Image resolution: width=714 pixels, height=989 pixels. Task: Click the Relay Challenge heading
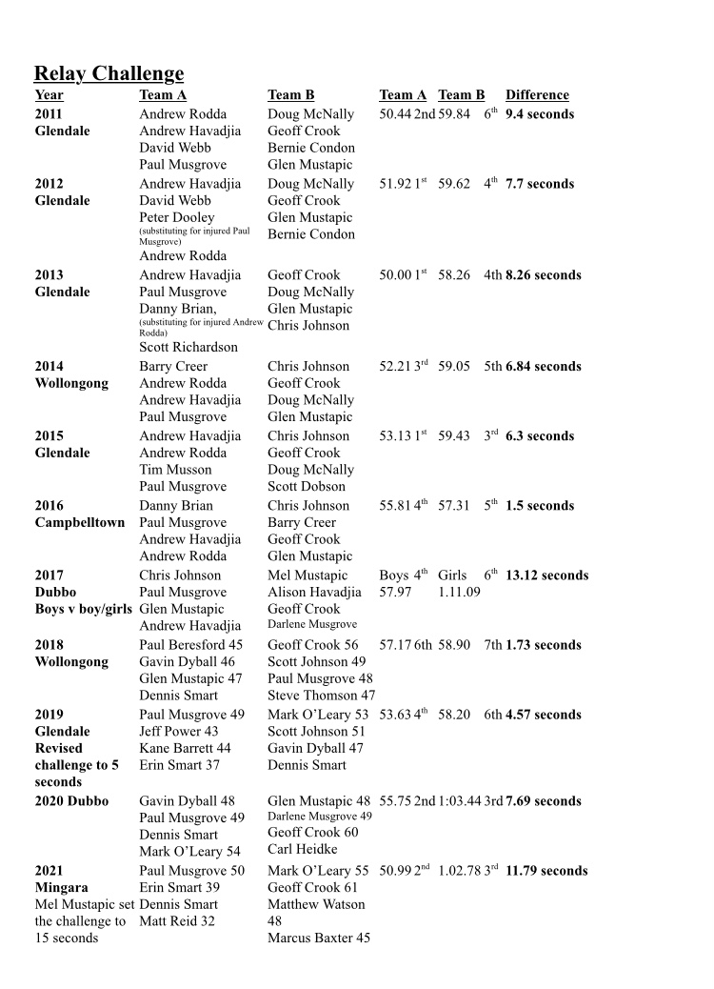(109, 73)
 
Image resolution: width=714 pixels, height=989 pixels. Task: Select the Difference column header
(537, 94)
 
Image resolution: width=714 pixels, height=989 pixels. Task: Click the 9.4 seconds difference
(540, 114)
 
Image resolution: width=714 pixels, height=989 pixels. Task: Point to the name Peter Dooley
(177, 217)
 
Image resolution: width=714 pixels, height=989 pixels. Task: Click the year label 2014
(50, 366)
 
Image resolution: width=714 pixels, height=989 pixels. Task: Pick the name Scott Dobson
(307, 487)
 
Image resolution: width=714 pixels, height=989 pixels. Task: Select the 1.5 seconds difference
(540, 506)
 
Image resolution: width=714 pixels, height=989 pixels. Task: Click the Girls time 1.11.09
(459, 593)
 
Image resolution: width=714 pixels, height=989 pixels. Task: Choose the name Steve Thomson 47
(321, 696)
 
